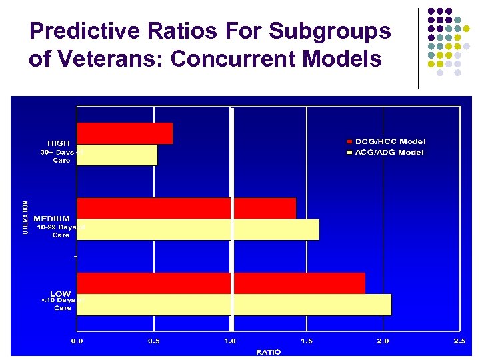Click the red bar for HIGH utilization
tap(125, 133)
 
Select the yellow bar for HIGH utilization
tap(117, 155)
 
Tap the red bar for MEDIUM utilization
tap(187, 208)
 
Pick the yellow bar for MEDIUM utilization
tap(198, 229)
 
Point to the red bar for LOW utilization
tap(221, 283)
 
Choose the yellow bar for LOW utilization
tap(234, 305)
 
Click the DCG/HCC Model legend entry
tap(390, 141)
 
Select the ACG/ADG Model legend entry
tap(389, 152)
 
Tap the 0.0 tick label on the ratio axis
tap(78, 341)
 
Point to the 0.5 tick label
tap(154, 341)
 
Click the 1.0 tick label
tap(230, 341)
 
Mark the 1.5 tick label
tap(307, 341)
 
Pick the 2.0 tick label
tap(383, 341)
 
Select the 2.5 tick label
tap(459, 341)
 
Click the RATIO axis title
tap(269, 351)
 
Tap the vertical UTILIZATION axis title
tap(26, 217)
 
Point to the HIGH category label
tap(59, 143)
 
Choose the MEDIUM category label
tap(52, 219)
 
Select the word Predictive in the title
tap(85, 31)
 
